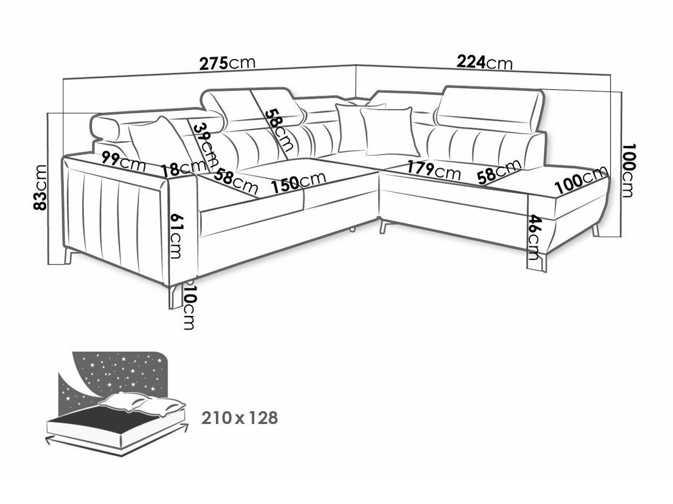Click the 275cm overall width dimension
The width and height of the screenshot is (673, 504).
pyautogui.click(x=227, y=63)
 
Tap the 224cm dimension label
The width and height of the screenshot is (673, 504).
pyautogui.click(x=484, y=63)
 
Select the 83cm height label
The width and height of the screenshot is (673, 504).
pyautogui.click(x=40, y=187)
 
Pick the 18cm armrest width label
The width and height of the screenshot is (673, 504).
pyautogui.click(x=183, y=169)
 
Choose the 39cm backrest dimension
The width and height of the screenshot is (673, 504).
pyautogui.click(x=205, y=145)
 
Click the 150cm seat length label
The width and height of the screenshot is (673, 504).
pyautogui.click(x=298, y=182)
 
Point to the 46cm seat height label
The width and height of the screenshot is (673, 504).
pyautogui.click(x=533, y=237)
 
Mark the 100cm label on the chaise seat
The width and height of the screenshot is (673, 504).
pyautogui.click(x=581, y=181)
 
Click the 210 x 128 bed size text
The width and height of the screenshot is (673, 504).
pyautogui.click(x=240, y=418)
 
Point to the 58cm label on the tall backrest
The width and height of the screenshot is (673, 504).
pyautogui.click(x=278, y=130)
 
